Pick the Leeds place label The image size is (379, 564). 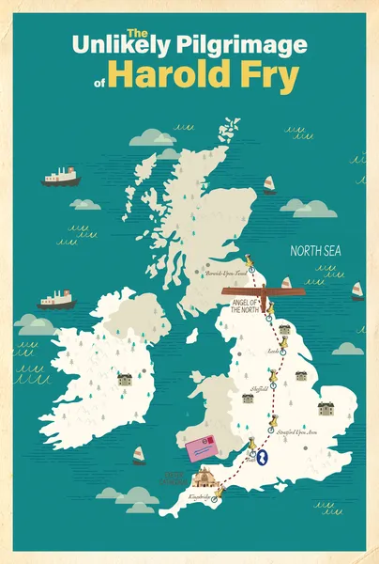[x=273, y=350]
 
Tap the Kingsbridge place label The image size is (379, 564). [x=200, y=495]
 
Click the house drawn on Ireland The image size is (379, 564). [x=124, y=380]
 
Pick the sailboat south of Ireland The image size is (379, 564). [x=140, y=455]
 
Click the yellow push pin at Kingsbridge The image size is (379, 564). [x=220, y=491]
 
